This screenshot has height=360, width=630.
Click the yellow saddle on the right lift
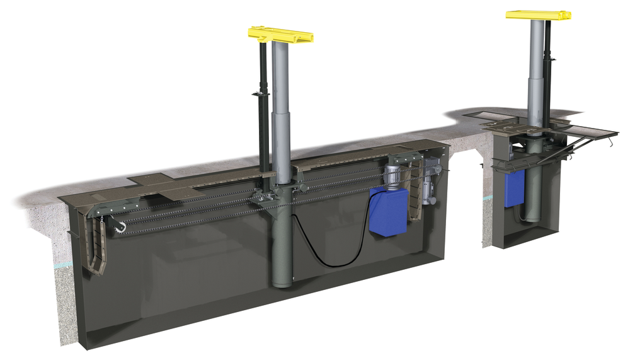click(x=538, y=14)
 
